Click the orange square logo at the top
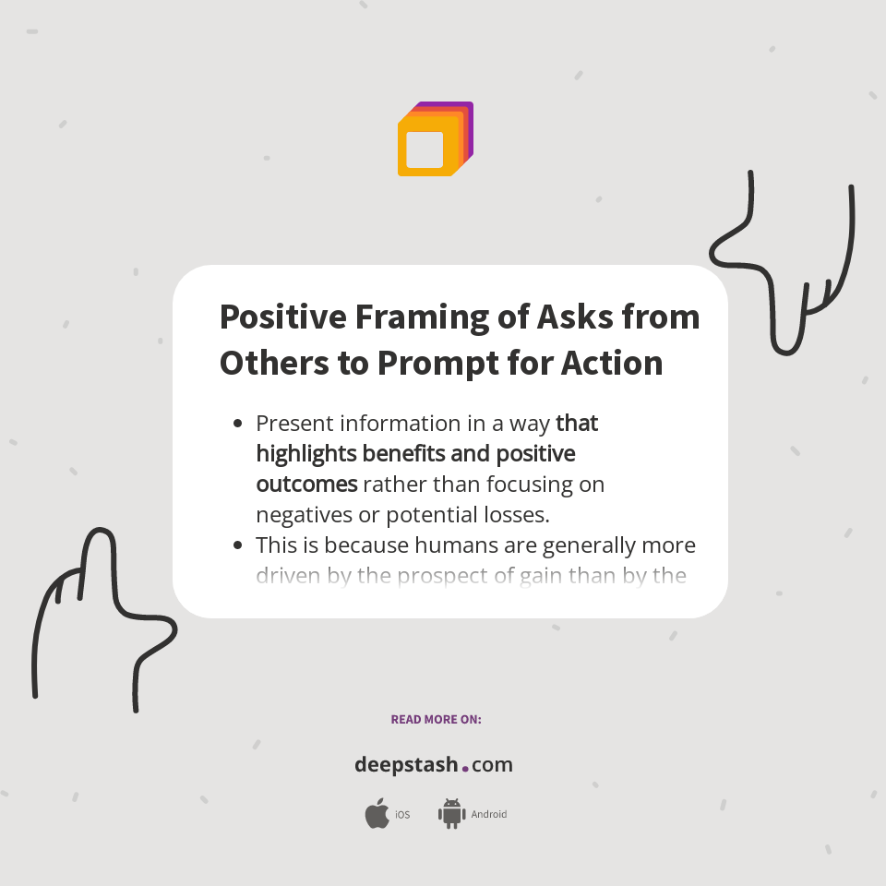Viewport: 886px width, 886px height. tap(434, 140)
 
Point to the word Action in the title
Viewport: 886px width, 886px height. tap(612, 362)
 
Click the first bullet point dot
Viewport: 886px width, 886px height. tap(238, 424)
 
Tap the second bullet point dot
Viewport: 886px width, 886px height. tap(238, 545)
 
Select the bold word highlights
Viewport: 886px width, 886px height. tap(305, 454)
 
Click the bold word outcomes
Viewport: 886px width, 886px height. tap(306, 485)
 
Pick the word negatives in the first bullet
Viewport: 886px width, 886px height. tap(300, 514)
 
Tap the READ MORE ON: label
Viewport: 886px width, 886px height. tap(436, 719)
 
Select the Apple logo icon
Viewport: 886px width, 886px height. tap(377, 813)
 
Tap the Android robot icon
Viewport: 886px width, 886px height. tap(451, 813)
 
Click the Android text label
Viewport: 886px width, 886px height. tap(489, 814)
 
